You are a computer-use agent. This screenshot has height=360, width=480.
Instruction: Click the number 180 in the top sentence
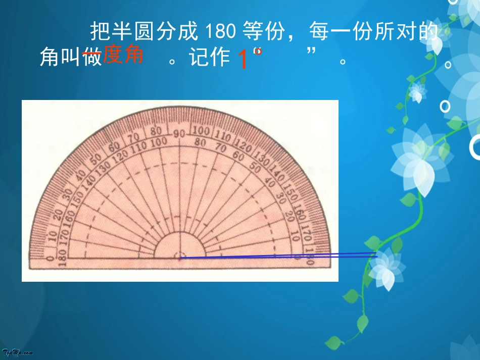click(x=221, y=32)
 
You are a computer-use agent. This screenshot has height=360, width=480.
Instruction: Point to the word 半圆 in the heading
click(x=129, y=32)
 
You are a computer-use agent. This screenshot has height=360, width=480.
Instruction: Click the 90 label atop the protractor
click(x=179, y=134)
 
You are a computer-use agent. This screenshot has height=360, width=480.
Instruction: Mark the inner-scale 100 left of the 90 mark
click(x=159, y=143)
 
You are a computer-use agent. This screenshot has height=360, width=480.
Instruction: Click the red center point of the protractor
click(x=180, y=259)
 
